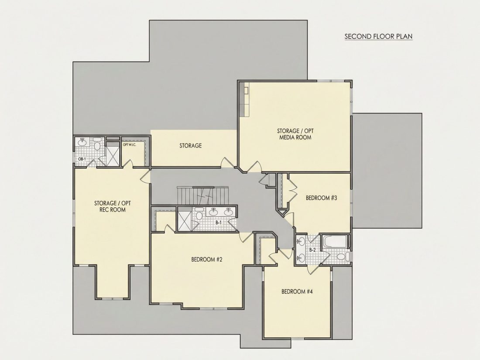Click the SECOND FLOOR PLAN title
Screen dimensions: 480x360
[378, 36]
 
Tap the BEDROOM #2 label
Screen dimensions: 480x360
[207, 260]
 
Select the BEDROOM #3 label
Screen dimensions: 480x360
[322, 198]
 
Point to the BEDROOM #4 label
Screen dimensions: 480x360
[297, 291]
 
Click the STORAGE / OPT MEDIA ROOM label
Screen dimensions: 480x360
[295, 134]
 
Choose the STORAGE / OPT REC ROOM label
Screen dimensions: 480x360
[112, 206]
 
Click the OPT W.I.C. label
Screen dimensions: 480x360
[129, 144]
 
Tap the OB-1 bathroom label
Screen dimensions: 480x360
[82, 159]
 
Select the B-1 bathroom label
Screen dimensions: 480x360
[218, 223]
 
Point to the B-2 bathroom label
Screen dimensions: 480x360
[312, 250]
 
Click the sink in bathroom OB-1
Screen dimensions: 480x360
[82, 142]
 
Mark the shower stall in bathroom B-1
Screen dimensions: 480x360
[185, 220]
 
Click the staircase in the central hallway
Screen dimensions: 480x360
[203, 196]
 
